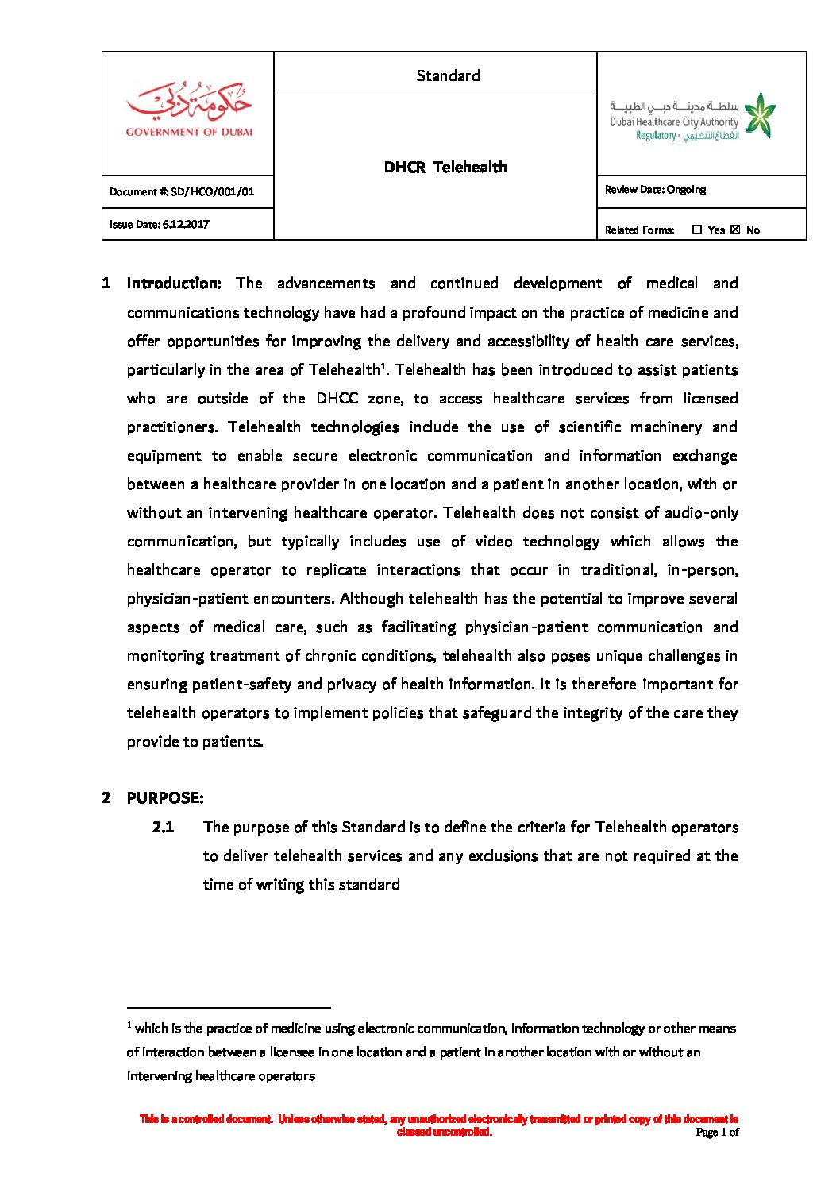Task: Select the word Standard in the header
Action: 448,75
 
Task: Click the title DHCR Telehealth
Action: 445,167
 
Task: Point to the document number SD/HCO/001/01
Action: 212,191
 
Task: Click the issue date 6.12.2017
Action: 186,224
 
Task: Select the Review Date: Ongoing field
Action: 655,190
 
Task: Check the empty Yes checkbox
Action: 697,230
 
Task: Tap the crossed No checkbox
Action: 735,230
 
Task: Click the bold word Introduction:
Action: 174,284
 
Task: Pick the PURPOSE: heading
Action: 165,798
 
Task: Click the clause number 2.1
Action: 163,827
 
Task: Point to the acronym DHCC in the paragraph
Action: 337,398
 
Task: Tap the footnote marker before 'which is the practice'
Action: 129,1025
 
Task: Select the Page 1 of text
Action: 717,1132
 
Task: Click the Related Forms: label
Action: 639,230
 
